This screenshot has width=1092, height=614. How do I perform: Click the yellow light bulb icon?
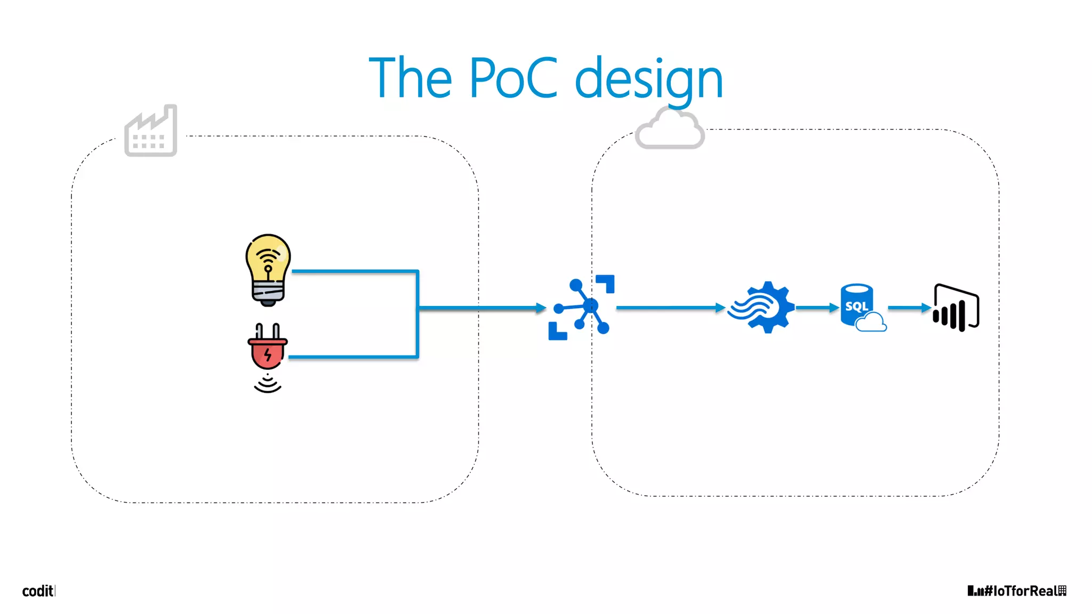pos(268,270)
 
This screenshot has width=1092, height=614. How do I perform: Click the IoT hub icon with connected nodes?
pos(582,308)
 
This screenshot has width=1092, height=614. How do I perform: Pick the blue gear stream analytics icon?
pos(762,308)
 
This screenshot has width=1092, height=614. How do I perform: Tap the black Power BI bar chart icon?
pos(956,308)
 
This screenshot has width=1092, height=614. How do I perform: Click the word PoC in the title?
pos(513,79)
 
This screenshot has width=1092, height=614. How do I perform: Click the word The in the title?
pos(411,79)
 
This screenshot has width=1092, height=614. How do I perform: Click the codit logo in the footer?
pos(38,591)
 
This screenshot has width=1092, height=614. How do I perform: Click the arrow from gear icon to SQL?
pos(816,308)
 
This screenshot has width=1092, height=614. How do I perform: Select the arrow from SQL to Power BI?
pos(909,308)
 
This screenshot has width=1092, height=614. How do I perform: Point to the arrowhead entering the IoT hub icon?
pos(541,308)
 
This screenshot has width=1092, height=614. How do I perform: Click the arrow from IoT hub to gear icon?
pos(670,308)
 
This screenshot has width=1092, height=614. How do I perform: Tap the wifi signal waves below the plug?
pos(267,384)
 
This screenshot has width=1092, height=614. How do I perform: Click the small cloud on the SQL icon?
pos(871,322)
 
